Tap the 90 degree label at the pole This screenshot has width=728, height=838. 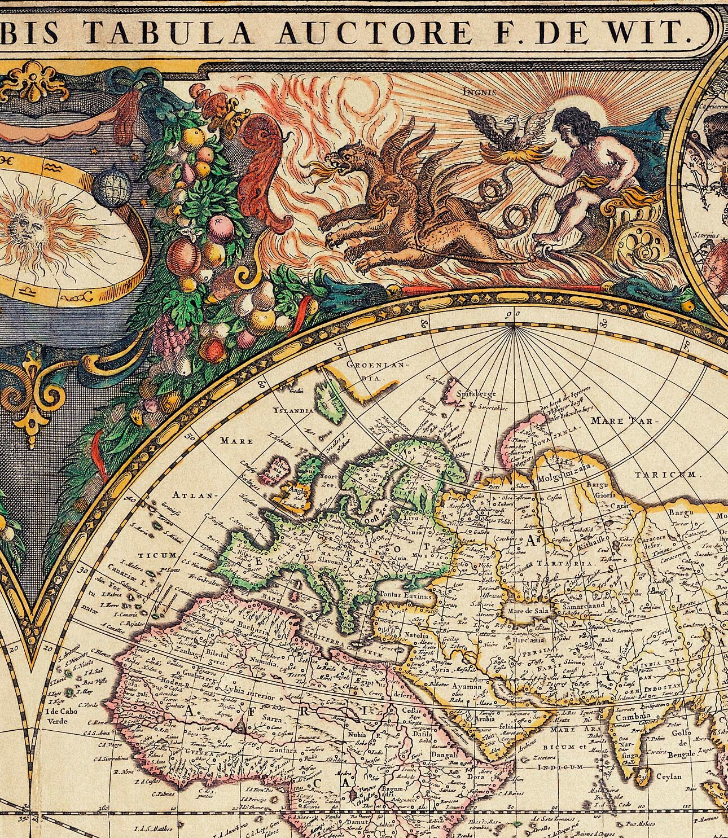(x=513, y=314)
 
